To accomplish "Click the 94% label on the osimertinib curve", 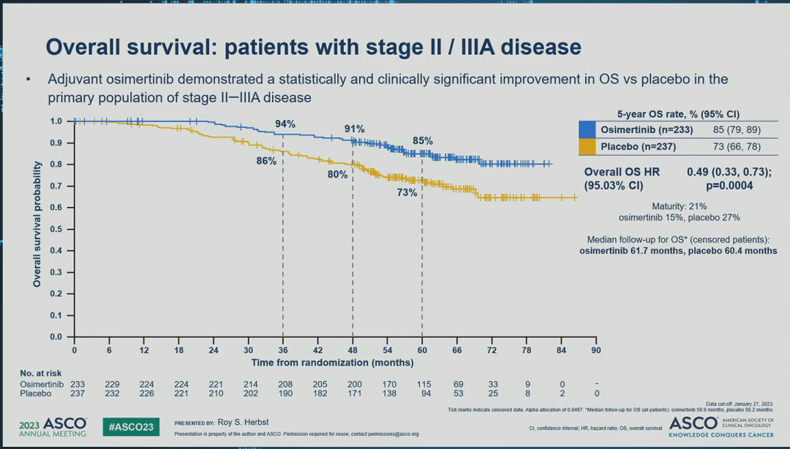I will pyautogui.click(x=285, y=124).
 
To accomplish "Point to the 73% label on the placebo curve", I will pyautogui.click(x=407, y=192).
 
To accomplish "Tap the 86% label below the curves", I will pyautogui.click(x=266, y=161).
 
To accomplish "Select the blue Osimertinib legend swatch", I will pyautogui.click(x=587, y=129).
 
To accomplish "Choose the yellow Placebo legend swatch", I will pyautogui.click(x=587, y=147).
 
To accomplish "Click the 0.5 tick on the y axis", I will pyautogui.click(x=56, y=229).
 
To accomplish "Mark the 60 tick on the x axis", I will pyautogui.click(x=422, y=350).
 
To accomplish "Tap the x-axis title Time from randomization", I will pyautogui.click(x=333, y=362).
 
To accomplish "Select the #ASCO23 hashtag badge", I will pyautogui.click(x=131, y=427).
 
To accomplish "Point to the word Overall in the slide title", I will pyautogui.click(x=87, y=48).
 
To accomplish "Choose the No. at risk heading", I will pyautogui.click(x=41, y=373).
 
